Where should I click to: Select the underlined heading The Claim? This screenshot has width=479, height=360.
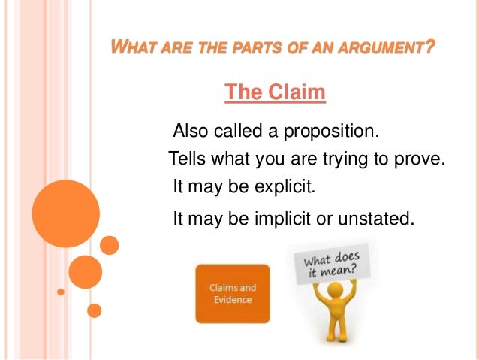click(275, 93)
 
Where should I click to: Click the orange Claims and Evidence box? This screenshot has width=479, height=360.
click(232, 293)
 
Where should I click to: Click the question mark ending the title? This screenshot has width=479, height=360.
click(429, 50)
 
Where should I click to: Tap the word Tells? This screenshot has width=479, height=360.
click(187, 159)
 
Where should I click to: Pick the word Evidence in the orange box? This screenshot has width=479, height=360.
click(231, 299)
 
